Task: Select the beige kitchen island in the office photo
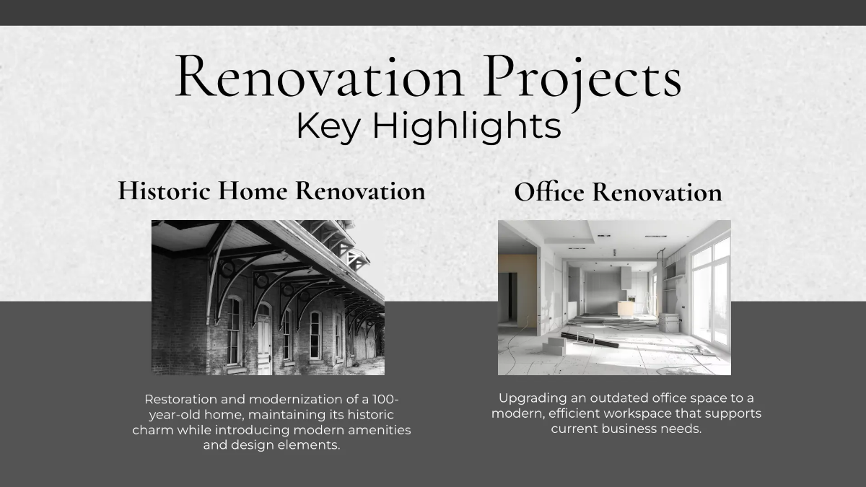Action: coord(626,308)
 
